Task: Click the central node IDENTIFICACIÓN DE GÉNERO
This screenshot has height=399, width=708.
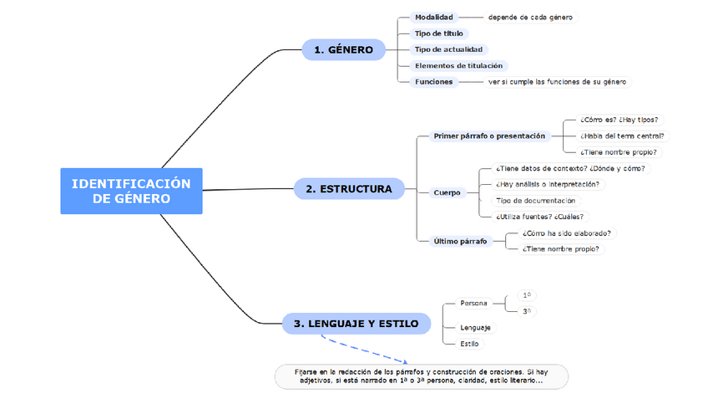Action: [x=131, y=191]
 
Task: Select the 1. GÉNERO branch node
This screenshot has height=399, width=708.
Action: [x=343, y=50]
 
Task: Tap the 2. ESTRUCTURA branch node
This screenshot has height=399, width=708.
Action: [x=348, y=189]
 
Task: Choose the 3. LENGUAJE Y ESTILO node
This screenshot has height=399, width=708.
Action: [x=356, y=324]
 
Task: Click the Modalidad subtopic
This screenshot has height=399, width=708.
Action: [x=433, y=18]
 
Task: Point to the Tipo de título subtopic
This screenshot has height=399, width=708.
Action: [x=438, y=33]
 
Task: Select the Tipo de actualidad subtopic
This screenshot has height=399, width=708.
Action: [x=448, y=49]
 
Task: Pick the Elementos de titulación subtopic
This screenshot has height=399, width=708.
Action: [x=459, y=65]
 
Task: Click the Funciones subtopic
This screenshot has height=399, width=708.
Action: [x=433, y=82]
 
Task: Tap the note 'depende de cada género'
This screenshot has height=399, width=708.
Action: [x=530, y=18]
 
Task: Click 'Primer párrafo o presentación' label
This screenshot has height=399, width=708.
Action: [x=489, y=136]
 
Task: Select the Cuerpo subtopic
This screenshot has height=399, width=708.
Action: [x=447, y=192]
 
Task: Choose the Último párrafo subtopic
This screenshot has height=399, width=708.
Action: [x=460, y=241]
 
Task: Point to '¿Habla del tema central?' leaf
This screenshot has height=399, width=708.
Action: [x=622, y=136]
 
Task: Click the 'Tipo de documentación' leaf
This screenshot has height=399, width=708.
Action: [x=535, y=201]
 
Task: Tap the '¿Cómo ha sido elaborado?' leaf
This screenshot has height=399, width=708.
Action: [x=565, y=233]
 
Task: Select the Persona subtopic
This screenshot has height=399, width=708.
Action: [x=473, y=303]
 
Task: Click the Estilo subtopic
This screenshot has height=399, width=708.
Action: [x=469, y=344]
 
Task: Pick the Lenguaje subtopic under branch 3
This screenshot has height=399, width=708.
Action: [x=475, y=328]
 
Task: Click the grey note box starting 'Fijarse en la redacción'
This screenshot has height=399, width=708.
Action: [x=421, y=376]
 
